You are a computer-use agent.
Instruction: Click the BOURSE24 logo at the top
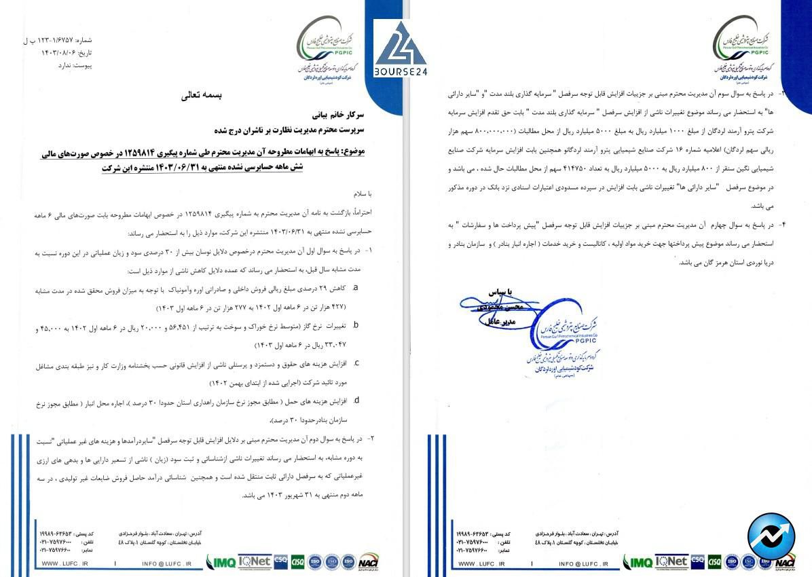pyautogui.click(x=399, y=49)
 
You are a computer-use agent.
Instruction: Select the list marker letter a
pyautogui.click(x=356, y=288)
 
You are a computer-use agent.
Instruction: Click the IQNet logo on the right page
pyautogui.click(x=671, y=561)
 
